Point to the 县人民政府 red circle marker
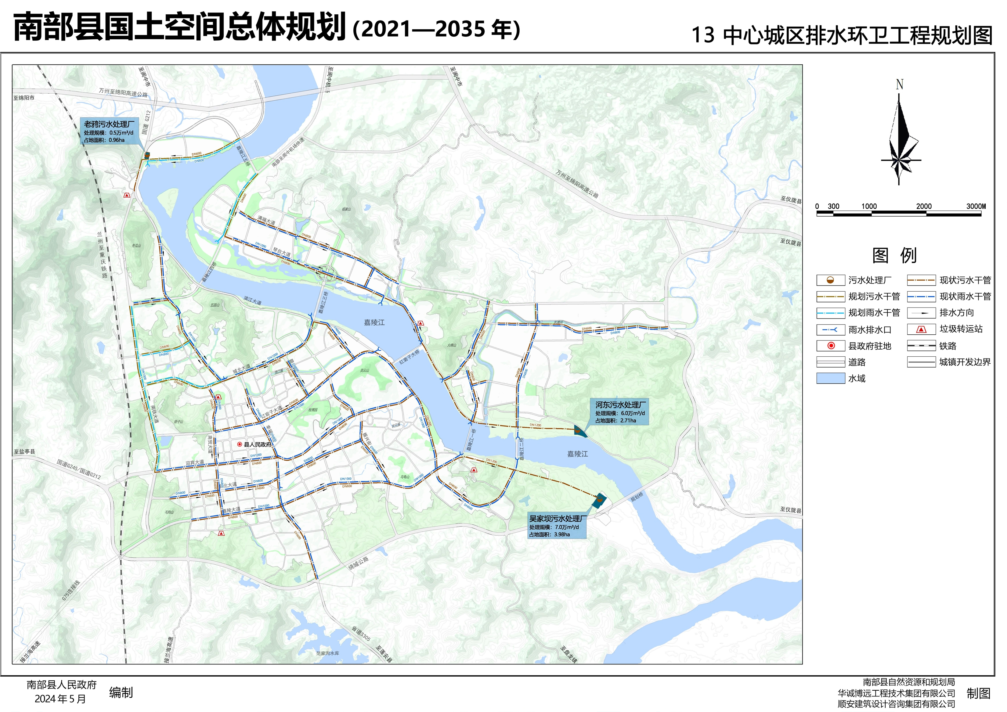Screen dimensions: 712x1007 pyautogui.click(x=240, y=444)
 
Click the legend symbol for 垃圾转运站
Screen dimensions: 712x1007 pyautogui.click(x=922, y=329)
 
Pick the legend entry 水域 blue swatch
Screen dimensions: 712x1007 pyautogui.click(x=830, y=378)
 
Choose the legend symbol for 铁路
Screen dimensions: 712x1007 pyautogui.click(x=922, y=346)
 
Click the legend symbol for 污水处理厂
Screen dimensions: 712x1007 pyautogui.click(x=830, y=280)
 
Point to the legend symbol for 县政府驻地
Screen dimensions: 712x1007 pyautogui.click(x=830, y=346)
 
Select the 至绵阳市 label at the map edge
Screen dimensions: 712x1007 pyautogui.click(x=24, y=98)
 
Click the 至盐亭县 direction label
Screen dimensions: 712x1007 pyautogui.click(x=24, y=451)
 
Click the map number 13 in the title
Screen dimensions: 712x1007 pyautogui.click(x=703, y=35)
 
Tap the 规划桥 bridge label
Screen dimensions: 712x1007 pyautogui.click(x=637, y=497)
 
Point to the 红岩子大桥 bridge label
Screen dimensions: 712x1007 pyautogui.click(x=409, y=356)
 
